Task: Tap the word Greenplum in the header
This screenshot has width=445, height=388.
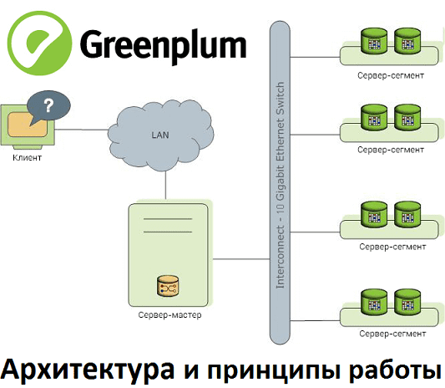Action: click(x=164, y=42)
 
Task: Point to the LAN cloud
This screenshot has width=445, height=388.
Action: click(x=159, y=133)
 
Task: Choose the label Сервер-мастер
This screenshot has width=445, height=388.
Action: click(x=169, y=315)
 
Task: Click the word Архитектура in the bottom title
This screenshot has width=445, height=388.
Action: click(x=87, y=369)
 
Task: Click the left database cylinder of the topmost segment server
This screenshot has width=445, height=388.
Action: click(x=371, y=41)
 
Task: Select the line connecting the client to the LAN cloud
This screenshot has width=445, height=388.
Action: click(x=84, y=129)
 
